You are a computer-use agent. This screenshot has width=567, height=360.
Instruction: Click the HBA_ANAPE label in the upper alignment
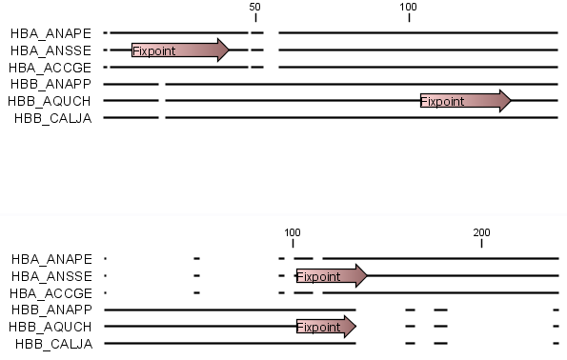point(51,32)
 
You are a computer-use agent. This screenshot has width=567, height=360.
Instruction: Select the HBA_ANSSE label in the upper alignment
point(51,50)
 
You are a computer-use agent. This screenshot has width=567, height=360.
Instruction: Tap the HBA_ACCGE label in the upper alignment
point(51,67)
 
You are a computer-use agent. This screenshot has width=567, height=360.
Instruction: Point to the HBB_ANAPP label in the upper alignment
point(51,84)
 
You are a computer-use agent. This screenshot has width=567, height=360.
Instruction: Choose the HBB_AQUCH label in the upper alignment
point(51,101)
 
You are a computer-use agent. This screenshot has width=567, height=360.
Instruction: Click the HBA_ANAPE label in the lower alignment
point(51,259)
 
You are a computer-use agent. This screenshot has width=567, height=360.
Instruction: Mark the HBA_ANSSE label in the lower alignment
point(51,276)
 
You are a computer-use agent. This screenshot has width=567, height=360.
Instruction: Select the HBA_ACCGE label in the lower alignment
point(51,293)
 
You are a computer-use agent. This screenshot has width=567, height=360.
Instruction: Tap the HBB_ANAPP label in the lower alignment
point(51,310)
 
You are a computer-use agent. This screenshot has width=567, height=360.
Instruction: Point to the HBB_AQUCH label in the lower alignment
point(51,327)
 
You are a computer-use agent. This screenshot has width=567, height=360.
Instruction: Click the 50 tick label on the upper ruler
point(254,7)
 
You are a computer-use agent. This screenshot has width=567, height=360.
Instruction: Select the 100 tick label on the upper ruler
point(409,7)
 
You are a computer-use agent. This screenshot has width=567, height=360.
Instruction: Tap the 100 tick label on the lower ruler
point(293,232)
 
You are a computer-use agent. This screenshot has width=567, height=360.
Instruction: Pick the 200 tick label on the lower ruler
point(481,232)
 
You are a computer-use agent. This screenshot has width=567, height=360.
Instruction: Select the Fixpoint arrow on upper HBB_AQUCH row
point(465,101)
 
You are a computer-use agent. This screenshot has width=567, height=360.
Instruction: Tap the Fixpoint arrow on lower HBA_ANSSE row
point(331,276)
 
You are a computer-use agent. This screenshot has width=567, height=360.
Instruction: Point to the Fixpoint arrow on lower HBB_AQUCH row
point(325,327)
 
